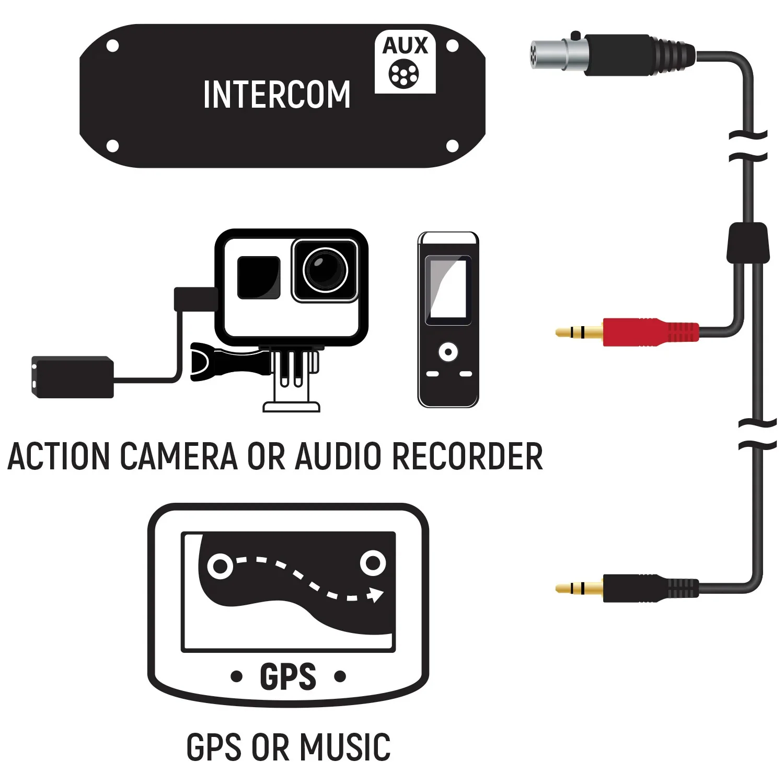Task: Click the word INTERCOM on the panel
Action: pos(276,95)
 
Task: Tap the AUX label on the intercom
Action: pos(405,46)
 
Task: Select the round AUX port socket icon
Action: pos(403,74)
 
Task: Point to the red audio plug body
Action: pos(648,331)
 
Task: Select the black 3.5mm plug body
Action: pos(648,588)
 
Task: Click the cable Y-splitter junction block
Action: pos(748,243)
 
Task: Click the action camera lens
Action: pos(325,270)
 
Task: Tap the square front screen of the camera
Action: pos(258,277)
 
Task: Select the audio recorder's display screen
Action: pos(448,290)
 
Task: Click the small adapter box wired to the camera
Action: pos(72,377)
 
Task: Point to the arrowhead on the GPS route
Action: pos(375,594)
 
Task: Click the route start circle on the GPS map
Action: pos(220,566)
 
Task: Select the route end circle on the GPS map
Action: pos(373,563)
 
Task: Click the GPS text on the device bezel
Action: pos(288,677)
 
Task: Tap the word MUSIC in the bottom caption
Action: pos(345,747)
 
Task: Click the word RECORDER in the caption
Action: pos(467,456)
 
